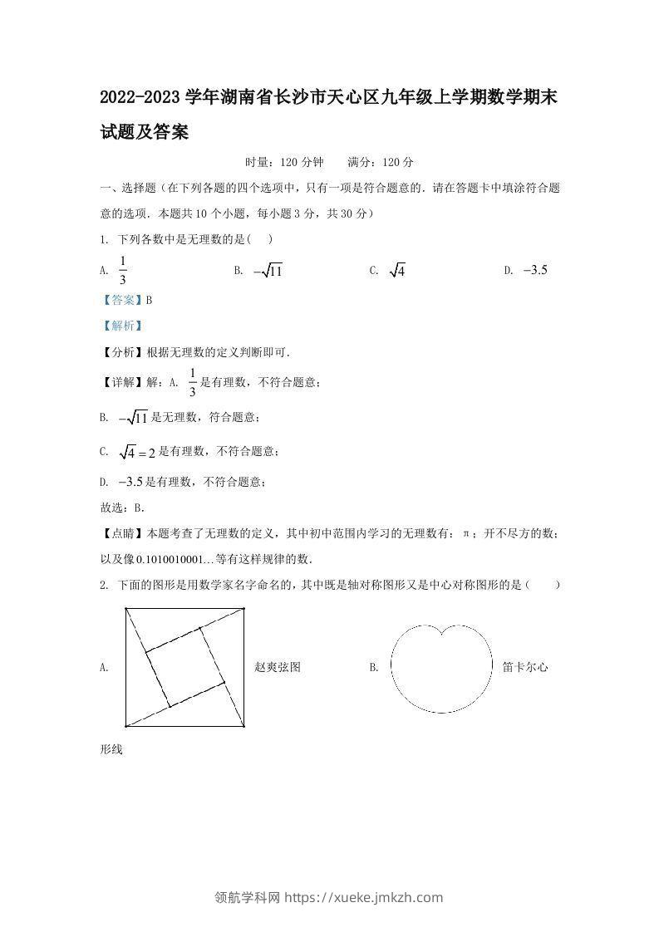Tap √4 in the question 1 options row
(x=397, y=271)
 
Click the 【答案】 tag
(x=121, y=300)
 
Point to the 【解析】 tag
(x=121, y=326)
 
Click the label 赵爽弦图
(x=277, y=667)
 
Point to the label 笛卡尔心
(x=525, y=667)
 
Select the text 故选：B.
(x=122, y=507)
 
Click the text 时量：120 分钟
(x=285, y=162)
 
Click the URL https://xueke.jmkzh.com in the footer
(x=364, y=897)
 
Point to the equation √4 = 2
(x=138, y=452)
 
